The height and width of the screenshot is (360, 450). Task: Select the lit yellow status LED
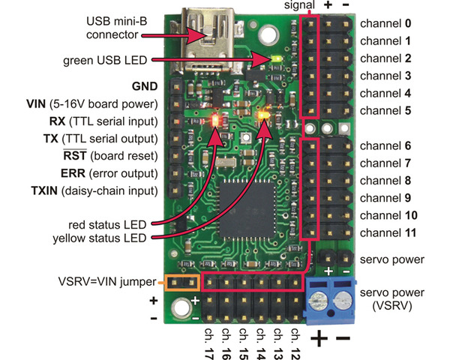coord(263,116)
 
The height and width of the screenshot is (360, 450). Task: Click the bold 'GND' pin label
coord(144,86)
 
